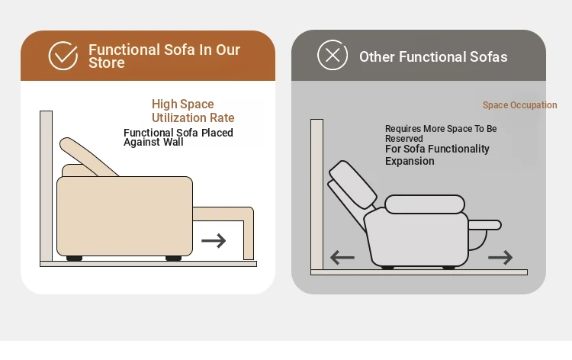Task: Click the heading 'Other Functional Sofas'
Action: point(433,57)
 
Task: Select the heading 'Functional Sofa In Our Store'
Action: point(164,56)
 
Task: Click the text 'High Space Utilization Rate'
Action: point(193,111)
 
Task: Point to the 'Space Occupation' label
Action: point(520,105)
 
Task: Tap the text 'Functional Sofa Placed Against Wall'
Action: point(178,137)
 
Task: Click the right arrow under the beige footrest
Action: point(214,241)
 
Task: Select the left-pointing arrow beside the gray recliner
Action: point(342,258)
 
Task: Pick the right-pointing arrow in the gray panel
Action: point(500,258)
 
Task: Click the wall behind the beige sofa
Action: point(46,186)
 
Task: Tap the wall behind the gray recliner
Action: point(317,194)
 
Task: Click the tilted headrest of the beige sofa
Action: point(87,157)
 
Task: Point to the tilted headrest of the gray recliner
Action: point(353,185)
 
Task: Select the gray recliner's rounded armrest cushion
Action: point(425,204)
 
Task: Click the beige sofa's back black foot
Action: point(74,259)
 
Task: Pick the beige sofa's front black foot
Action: point(173,259)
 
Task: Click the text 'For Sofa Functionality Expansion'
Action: point(437,155)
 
